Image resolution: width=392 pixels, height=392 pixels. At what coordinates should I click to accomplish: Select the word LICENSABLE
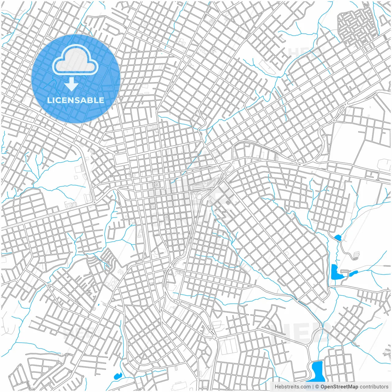[76, 100]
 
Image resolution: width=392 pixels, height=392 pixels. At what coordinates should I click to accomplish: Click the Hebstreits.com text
[292, 387]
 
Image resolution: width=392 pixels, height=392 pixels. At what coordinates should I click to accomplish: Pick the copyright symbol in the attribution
[317, 387]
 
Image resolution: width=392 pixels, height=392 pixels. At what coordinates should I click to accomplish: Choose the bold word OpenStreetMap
[339, 387]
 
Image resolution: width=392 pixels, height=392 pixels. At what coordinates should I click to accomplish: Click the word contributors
[374, 387]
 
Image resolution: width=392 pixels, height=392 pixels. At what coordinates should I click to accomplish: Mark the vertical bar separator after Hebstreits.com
[313, 387]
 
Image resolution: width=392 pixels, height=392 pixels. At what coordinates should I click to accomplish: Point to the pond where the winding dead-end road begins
[337, 237]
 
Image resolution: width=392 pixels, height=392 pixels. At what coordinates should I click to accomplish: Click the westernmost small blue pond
[117, 375]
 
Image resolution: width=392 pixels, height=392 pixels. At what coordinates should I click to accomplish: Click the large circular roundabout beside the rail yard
[199, 196]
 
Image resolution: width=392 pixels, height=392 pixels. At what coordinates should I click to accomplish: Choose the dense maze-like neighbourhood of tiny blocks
[355, 26]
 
